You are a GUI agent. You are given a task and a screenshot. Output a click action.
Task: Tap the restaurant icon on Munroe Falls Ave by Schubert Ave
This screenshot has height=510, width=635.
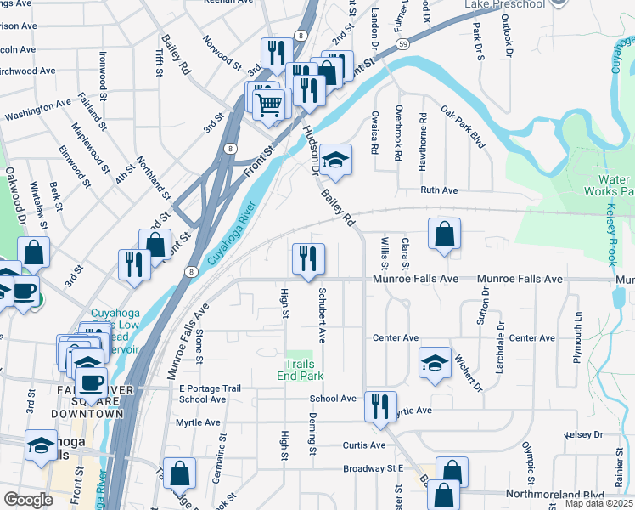click(308, 259)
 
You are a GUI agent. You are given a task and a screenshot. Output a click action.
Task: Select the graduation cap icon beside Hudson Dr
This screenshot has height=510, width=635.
click(335, 161)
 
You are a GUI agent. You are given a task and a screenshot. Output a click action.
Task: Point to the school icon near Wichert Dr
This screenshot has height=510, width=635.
click(434, 364)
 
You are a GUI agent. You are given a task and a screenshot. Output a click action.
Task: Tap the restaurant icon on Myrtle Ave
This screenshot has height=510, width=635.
click(380, 405)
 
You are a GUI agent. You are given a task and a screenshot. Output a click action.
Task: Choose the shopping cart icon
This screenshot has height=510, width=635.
click(269, 106)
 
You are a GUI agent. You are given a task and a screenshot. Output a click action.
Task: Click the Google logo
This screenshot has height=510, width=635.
click(28, 500)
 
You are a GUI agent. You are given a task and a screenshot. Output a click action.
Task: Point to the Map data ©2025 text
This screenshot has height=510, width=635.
click(598, 503)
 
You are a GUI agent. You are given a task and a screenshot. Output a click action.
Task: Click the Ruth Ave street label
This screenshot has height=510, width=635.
click(439, 191)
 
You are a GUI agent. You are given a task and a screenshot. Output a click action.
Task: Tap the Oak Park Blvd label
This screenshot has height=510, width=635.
click(463, 127)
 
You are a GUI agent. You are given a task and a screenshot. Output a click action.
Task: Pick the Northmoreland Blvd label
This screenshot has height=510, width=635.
click(554, 494)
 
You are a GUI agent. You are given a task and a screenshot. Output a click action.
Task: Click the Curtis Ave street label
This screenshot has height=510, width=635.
click(364, 445)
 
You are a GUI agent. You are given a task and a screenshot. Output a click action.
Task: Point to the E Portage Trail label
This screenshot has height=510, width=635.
click(210, 388)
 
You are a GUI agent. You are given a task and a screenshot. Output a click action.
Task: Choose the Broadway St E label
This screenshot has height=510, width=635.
click(372, 468)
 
